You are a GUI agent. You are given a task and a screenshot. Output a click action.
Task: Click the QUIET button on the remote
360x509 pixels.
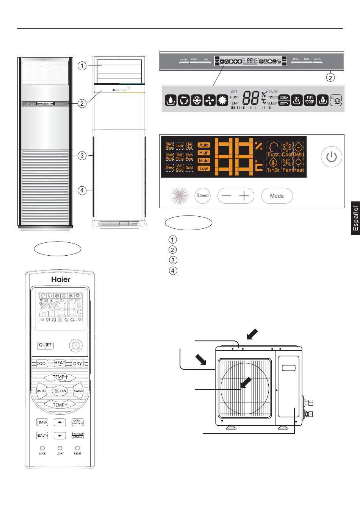pyautogui.click(x=45, y=345)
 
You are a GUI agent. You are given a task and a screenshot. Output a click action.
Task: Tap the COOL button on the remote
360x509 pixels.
pyautogui.click(x=42, y=364)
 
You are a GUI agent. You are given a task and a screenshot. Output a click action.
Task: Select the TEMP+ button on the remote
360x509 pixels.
pyautogui.click(x=60, y=377)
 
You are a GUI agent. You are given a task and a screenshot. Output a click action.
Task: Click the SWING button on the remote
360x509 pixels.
pyautogui.click(x=78, y=391)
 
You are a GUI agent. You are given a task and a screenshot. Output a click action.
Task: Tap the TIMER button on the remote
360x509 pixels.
pyautogui.click(x=42, y=422)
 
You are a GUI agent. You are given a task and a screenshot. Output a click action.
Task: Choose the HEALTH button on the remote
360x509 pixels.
pyautogui.click(x=42, y=436)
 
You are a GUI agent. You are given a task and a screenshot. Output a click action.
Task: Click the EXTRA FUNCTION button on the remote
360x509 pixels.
pyautogui.click(x=77, y=422)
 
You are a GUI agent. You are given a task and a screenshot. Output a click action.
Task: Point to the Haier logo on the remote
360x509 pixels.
pyautogui.click(x=61, y=279)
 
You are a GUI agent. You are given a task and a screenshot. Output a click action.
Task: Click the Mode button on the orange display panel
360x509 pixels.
pyautogui.click(x=277, y=196)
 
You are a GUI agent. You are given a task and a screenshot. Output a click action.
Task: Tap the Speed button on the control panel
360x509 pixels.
pyautogui.click(x=202, y=196)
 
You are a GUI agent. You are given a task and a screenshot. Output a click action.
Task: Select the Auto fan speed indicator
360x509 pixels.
pyautogui.click(x=204, y=145)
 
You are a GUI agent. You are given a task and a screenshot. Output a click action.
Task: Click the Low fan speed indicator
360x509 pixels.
pyautogui.click(x=204, y=169)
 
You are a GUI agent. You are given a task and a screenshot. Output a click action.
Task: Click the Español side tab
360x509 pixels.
pyautogui.click(x=355, y=218)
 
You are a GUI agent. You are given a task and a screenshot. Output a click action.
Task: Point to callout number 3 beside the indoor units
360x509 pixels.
pyautogui.click(x=82, y=155)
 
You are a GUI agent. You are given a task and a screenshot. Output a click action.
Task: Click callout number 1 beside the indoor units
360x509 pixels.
pyautogui.click(x=82, y=66)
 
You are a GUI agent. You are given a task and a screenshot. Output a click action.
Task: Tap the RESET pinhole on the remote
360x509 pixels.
pyautogui.click(x=77, y=448)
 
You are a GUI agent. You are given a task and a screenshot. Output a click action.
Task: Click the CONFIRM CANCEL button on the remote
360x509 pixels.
pyautogui.click(x=77, y=436)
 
